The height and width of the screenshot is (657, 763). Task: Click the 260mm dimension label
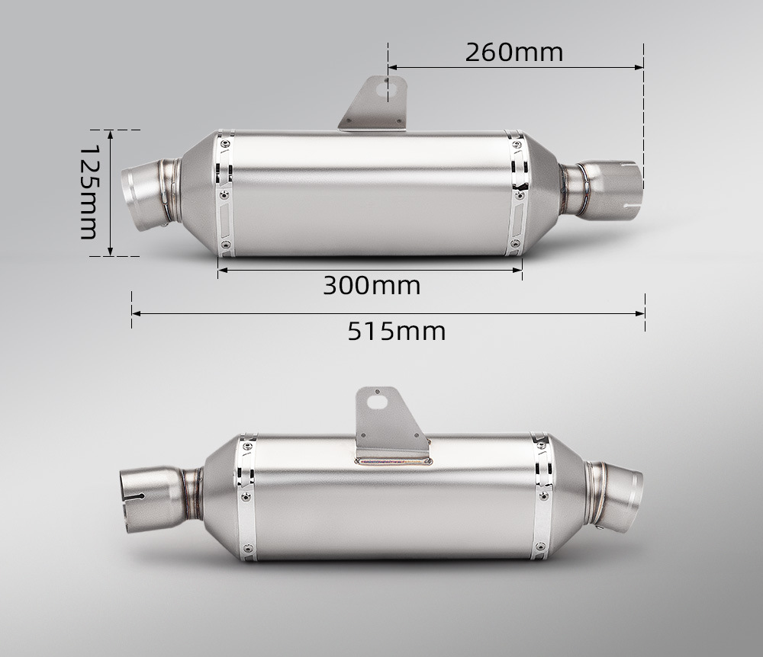coord(513,52)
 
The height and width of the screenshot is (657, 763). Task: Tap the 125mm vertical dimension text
coord(89,191)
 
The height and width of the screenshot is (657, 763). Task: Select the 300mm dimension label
coord(372,285)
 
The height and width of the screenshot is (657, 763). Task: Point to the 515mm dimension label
coord(397,332)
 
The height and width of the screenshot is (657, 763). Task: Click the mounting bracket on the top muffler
coord(375,104)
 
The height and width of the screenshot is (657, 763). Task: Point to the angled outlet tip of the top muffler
coord(146,194)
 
